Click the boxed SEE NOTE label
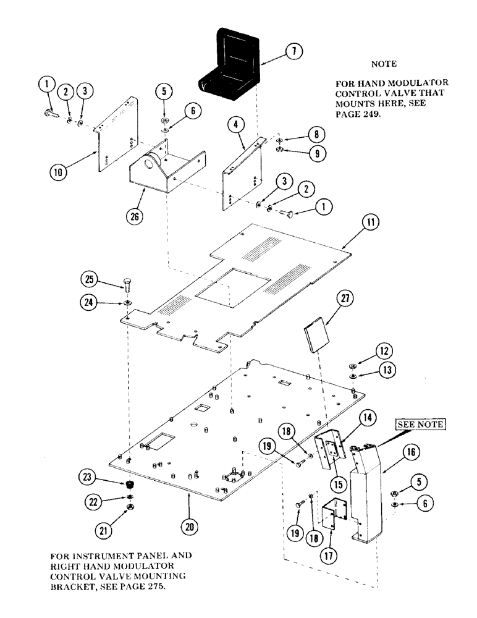click(416, 425)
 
